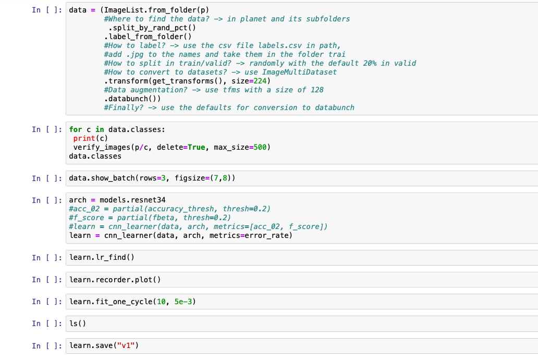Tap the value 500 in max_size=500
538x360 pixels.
260,147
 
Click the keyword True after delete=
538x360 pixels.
196,147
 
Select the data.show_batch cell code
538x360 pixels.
152,178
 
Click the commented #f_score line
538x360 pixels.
150,218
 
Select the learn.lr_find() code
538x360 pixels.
102,257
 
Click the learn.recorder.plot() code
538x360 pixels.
115,280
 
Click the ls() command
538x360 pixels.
78,323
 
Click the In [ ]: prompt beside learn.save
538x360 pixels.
48,345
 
